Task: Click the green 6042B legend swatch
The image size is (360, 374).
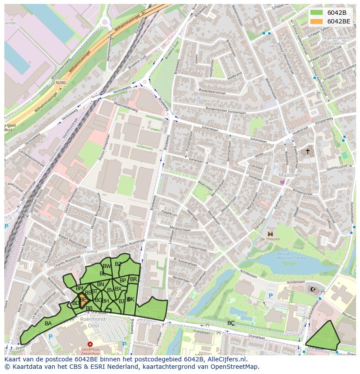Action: pos(317,12)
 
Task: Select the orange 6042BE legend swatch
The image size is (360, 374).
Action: pos(317,21)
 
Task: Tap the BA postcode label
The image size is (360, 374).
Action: pos(48,324)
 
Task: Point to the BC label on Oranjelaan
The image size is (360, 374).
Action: pos(231,323)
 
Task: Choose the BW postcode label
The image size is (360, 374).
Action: pos(107,266)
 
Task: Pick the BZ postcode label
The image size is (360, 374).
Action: pos(118,264)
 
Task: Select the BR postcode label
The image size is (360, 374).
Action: pos(133,279)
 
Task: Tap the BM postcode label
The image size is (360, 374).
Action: pos(79,288)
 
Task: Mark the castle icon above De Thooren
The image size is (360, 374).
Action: pos(270,233)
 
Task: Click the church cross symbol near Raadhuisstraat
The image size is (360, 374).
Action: pos(308,151)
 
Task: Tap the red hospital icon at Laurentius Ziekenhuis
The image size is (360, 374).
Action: pos(90,344)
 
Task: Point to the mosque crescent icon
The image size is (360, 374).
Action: pos(313,289)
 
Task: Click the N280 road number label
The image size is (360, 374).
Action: pos(60,82)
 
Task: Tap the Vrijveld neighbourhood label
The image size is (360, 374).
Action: pos(89,252)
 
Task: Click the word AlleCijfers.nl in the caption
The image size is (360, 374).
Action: pos(226,359)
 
